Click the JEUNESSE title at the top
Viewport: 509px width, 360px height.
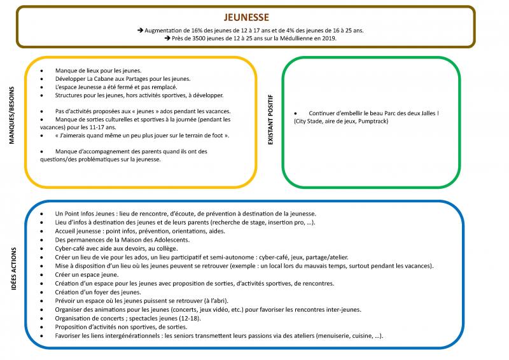pos(246,17)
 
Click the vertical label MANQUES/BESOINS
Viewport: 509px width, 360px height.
pos(11,115)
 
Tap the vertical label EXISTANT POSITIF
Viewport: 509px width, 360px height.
pos(270,120)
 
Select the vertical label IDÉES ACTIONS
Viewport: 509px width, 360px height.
pos(13,268)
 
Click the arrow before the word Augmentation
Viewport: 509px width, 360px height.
pos(140,30)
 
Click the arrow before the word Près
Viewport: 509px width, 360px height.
pos(167,38)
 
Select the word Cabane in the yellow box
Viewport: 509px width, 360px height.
pos(105,79)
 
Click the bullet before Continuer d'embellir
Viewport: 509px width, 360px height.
pos(295,114)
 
